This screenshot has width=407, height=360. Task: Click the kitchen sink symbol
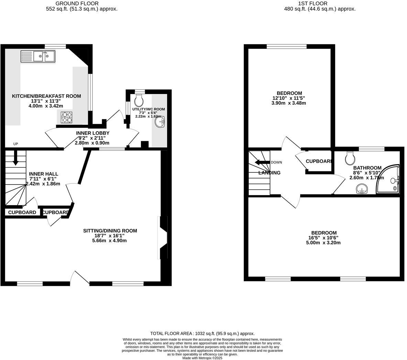(38, 56)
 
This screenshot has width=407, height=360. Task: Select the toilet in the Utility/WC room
(139, 100)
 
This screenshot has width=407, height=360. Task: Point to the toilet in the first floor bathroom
(351, 158)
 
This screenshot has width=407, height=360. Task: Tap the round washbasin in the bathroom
(361, 189)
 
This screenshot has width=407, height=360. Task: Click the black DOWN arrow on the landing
(262, 162)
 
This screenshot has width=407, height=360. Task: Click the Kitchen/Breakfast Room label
(46, 96)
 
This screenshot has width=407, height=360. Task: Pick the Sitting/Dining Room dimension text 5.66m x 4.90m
(110, 241)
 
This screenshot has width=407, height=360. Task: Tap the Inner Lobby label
(92, 133)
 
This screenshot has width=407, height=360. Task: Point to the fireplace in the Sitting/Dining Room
(163, 237)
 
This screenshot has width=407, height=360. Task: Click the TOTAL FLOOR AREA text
(202, 334)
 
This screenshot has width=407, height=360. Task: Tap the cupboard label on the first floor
(318, 161)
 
